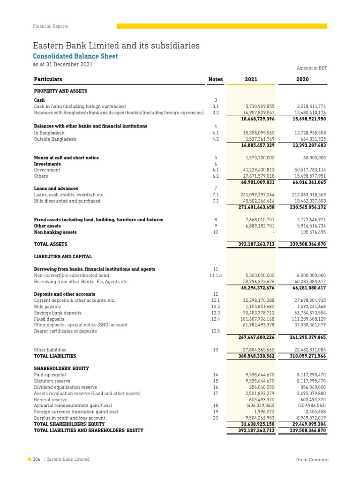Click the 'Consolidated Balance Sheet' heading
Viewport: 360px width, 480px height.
coord(75,56)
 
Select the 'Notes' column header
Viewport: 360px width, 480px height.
coord(215,79)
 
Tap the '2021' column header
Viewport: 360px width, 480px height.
coord(251,79)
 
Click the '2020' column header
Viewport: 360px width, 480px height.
coord(303,79)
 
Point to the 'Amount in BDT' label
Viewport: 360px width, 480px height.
coord(312,68)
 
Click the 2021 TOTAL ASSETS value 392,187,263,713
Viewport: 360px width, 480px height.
coord(251,244)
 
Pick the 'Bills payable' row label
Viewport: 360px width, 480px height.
coord(47,307)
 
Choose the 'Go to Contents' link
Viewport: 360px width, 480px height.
coord(312,460)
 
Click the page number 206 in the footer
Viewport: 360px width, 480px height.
coord(37,460)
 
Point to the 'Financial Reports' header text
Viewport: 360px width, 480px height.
coord(50,27)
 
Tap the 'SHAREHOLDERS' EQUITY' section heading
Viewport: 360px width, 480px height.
coord(61,368)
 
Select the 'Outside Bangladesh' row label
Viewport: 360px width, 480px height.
coord(54,139)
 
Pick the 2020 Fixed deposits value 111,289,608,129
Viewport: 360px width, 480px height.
coord(305,319)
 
